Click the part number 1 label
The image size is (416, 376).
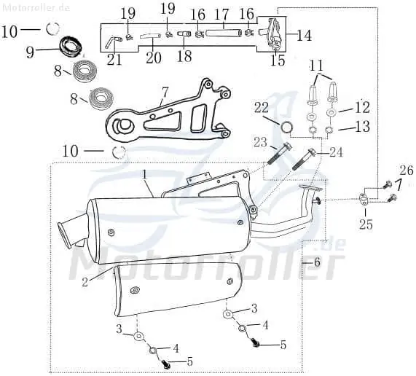pyautogui.click(x=144, y=175)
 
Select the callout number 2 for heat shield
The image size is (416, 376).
pyautogui.click(x=85, y=282)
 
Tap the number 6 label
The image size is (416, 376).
pyautogui.click(x=316, y=262)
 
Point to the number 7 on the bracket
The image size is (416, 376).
pyautogui.click(x=165, y=93)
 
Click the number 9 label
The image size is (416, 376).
pyautogui.click(x=31, y=52)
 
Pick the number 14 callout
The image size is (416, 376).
pyautogui.click(x=304, y=35)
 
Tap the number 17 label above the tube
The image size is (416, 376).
pyautogui.click(x=221, y=15)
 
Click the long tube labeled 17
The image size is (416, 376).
pyautogui.click(x=224, y=34)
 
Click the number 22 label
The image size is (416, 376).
pyautogui.click(x=262, y=108)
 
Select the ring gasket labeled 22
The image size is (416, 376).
pyautogui.click(x=287, y=127)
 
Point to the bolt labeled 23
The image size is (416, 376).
pyautogui.click(x=279, y=157)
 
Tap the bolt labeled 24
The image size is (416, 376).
pyautogui.click(x=303, y=160)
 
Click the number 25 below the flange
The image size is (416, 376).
pyautogui.click(x=366, y=224)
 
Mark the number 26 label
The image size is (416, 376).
pyautogui.click(x=407, y=171)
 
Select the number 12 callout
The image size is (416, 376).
pyautogui.click(x=363, y=107)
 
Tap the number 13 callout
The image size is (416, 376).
pyautogui.click(x=363, y=126)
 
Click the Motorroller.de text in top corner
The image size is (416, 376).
pyautogui.click(x=36, y=7)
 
